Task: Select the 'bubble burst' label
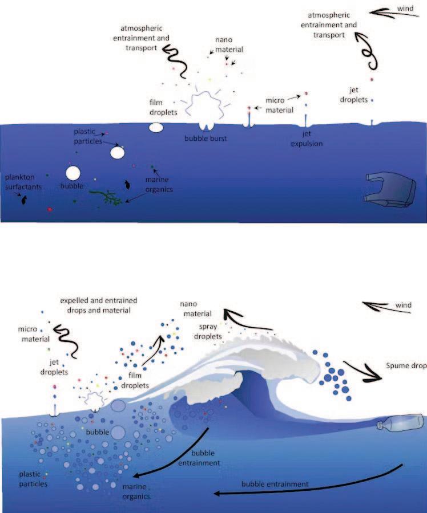(205, 139)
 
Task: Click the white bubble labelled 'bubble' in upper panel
(73, 173)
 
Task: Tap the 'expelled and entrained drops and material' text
(101, 305)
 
